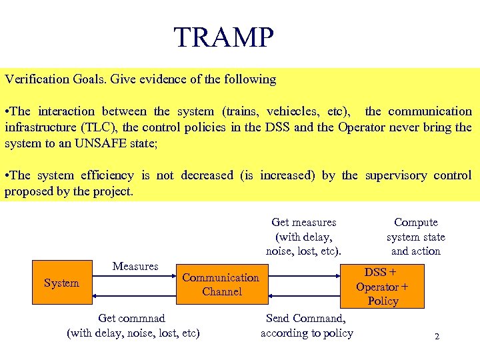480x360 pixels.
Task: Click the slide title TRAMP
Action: pos(223,38)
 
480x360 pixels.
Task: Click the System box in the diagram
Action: pos(61,283)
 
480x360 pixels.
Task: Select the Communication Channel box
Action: pos(221,285)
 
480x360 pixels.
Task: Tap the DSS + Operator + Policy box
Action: pos(383,287)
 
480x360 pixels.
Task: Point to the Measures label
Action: pos(135,267)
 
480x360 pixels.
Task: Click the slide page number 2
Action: pos(437,337)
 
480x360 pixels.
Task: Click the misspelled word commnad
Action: pos(141,319)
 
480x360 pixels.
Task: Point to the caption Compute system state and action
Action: pos(416,237)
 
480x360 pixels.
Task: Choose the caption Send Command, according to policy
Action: pos(307,326)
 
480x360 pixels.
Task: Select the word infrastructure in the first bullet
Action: pos(37,127)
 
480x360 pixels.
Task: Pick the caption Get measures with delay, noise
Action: pos(304,237)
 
